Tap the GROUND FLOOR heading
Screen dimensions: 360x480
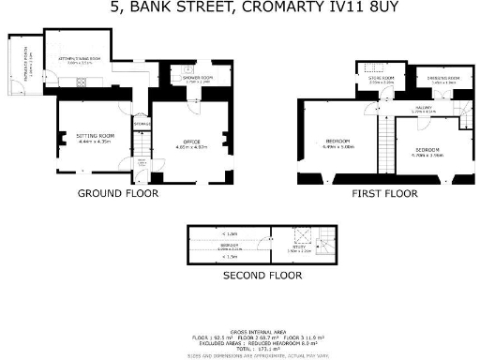(x=118, y=193)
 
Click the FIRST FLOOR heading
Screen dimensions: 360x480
(x=383, y=194)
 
